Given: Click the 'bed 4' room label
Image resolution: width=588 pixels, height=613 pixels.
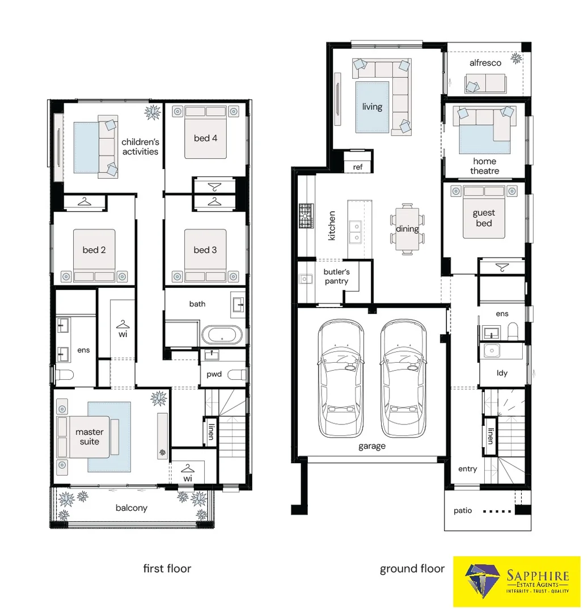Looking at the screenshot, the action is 205,138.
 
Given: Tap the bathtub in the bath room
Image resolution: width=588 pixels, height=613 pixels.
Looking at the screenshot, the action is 222,335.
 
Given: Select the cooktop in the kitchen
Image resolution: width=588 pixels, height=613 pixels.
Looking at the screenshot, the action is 306,216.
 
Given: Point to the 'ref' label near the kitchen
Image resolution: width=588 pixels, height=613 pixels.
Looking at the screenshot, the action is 358,167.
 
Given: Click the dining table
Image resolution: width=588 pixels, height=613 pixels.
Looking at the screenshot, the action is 407,229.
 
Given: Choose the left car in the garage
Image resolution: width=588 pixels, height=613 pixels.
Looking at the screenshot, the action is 341,378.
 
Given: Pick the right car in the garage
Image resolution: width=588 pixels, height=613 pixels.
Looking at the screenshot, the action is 403,378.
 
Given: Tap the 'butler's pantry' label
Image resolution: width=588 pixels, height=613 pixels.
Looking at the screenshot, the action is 337,276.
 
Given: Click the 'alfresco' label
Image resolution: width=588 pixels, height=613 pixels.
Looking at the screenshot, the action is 485,63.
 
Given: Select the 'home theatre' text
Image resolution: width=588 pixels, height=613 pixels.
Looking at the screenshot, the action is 485,166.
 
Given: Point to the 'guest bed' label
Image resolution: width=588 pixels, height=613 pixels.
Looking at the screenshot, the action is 484,218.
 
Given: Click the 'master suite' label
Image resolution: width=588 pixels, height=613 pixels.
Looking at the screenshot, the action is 90,436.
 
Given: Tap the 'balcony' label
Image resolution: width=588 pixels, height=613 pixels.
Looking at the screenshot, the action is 132,508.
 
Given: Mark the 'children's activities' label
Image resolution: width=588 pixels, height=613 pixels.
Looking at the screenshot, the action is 140,146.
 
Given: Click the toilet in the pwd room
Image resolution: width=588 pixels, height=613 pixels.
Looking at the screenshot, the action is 236,375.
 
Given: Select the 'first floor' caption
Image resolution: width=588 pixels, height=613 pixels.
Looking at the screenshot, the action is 167,568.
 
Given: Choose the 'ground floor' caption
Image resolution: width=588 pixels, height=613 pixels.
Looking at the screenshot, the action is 412,569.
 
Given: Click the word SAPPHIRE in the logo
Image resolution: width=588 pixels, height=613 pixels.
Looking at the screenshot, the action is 538,576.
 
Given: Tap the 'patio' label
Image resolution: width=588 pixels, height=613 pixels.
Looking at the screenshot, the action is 463,511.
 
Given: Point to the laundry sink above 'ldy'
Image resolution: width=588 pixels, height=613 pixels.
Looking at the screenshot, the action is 492,351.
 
